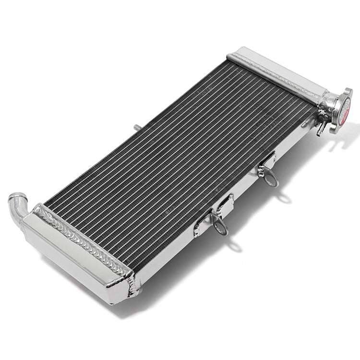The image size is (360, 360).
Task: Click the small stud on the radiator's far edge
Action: pyautogui.click(x=137, y=127)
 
